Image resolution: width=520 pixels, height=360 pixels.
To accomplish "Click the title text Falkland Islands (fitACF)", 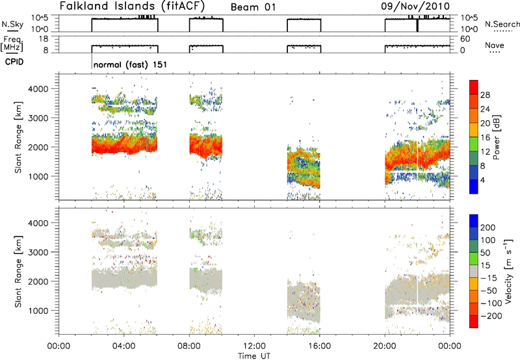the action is pyautogui.click(x=133, y=6).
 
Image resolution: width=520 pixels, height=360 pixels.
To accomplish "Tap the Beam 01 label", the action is pyautogui.click(x=253, y=7).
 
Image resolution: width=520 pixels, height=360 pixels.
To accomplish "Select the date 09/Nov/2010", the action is pyautogui.click(x=415, y=6).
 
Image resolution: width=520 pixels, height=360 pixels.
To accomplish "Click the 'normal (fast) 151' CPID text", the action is pyautogui.click(x=130, y=64).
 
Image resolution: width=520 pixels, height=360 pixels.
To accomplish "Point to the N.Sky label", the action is pyautogui.click(x=12, y=24).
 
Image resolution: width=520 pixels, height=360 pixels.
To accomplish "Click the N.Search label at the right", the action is pyautogui.click(x=502, y=24).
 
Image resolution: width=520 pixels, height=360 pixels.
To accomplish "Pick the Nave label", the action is pyautogui.click(x=495, y=45).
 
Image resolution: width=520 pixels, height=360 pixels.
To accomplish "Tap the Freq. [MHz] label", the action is pyautogui.click(x=13, y=44).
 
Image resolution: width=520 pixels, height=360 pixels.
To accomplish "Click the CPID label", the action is pyautogui.click(x=14, y=62).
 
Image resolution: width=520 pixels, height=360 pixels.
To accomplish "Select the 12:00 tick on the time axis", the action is pyautogui.click(x=254, y=346).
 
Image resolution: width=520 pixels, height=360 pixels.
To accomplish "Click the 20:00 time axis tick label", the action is pyautogui.click(x=385, y=346).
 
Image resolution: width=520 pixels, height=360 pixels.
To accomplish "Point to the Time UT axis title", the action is pyautogui.click(x=254, y=356).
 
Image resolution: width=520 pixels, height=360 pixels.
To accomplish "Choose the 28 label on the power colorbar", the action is pyautogui.click(x=485, y=95).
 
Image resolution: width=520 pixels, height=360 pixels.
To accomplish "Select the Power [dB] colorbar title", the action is pyautogui.click(x=497, y=137).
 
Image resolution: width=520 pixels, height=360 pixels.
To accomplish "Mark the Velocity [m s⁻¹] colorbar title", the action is pyautogui.click(x=508, y=272).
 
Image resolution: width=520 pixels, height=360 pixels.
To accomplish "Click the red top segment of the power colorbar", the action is pyautogui.click(x=474, y=87).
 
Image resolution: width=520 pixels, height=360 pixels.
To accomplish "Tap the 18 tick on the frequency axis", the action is pyautogui.click(x=44, y=39).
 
